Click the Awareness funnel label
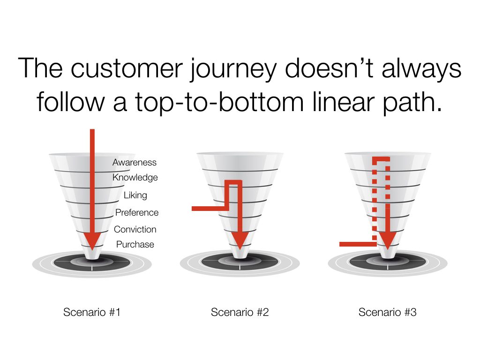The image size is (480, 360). pyautogui.click(x=135, y=162)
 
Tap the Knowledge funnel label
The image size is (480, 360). pyautogui.click(x=135, y=178)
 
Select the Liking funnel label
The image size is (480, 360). pyautogui.click(x=135, y=195)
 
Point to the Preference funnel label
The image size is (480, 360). pyautogui.click(x=137, y=212)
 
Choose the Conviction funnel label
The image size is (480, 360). pyautogui.click(x=135, y=229)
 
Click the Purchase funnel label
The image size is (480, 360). pyautogui.click(x=135, y=244)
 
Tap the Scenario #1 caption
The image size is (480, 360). pyautogui.click(x=92, y=312)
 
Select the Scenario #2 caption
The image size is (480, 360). pyautogui.click(x=240, y=312)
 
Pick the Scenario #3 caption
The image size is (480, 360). pyautogui.click(x=388, y=312)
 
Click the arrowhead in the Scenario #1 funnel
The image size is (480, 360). pyautogui.click(x=92, y=240)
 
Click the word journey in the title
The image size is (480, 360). pyautogui.click(x=233, y=69)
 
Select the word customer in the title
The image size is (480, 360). pyautogui.click(x=127, y=68)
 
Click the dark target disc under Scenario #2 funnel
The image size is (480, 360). pyautogui.click(x=240, y=262)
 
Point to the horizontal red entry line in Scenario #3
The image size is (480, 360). pyautogui.click(x=358, y=244)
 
